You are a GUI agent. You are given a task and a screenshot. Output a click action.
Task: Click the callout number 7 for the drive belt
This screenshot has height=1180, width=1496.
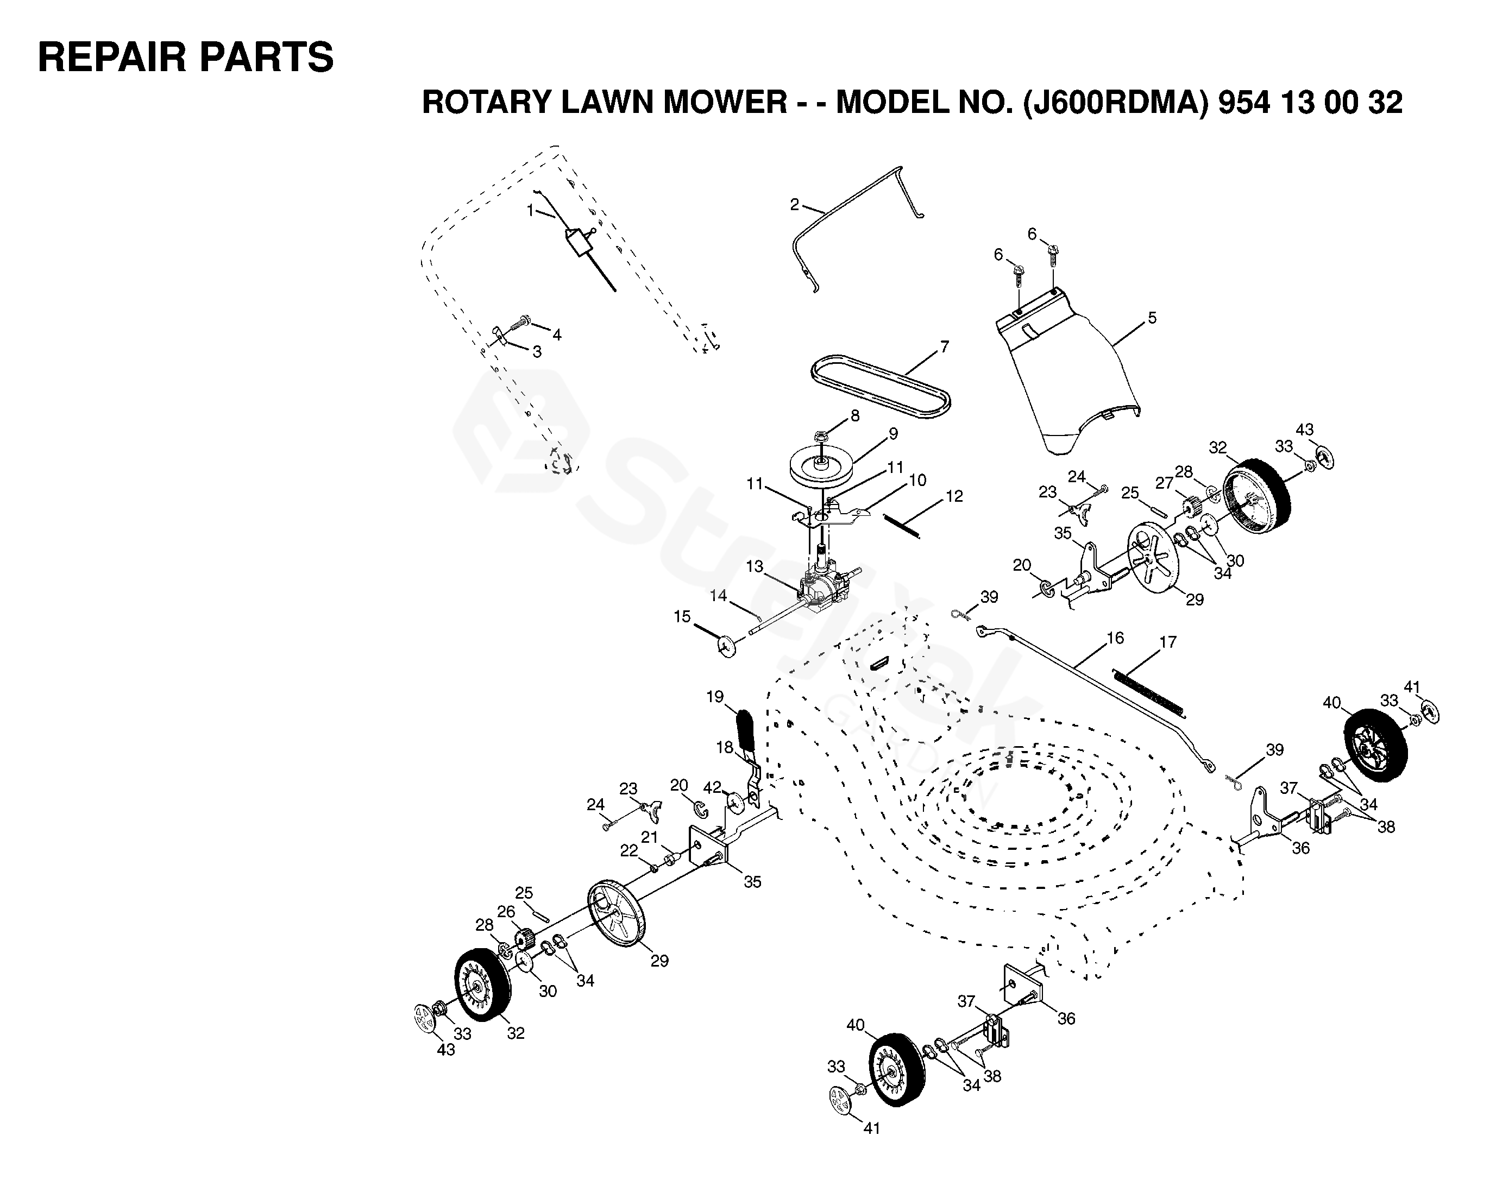pos(945,347)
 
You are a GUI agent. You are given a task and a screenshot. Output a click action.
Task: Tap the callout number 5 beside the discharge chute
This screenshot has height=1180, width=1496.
pos(1152,318)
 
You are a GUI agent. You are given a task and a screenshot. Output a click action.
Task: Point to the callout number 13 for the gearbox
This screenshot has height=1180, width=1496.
pos(755,566)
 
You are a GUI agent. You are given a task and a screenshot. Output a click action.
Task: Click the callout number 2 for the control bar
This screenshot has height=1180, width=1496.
pos(795,205)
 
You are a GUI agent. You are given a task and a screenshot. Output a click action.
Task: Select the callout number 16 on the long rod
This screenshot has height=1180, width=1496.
pos(1115,638)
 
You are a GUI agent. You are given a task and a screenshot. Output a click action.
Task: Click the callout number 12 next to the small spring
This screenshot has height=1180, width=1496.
pos(954,496)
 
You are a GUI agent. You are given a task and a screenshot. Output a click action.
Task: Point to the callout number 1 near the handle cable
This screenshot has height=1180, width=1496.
pos(531,210)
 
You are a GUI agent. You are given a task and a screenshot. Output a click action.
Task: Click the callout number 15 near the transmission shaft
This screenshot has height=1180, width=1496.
pos(682,616)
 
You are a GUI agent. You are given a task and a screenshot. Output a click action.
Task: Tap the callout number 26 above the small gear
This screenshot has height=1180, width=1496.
pos(506,911)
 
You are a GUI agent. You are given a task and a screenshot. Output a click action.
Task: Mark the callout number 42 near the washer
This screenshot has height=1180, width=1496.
pos(712,787)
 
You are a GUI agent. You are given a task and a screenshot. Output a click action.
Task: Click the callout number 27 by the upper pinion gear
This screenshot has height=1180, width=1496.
pos(1164,482)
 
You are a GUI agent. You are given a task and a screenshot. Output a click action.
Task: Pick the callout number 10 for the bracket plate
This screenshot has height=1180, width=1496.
pos(917,479)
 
